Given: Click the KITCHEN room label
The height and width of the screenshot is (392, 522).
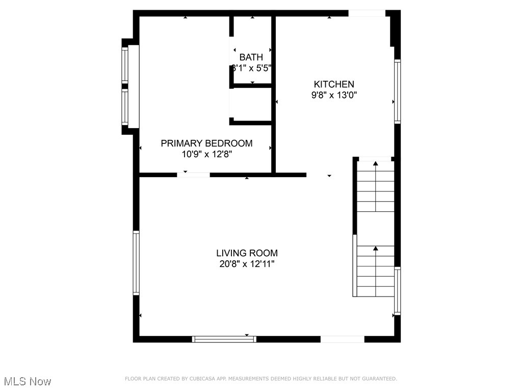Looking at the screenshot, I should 334,84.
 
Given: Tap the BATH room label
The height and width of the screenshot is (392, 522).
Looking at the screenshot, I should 251,57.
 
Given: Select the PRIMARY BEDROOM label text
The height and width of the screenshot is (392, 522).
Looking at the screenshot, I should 206,143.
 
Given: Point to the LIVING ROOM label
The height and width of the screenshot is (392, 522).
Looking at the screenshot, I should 247,253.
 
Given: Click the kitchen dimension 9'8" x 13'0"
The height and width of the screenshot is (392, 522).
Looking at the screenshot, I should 334,95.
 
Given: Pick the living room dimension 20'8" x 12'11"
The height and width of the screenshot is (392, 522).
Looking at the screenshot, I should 247,264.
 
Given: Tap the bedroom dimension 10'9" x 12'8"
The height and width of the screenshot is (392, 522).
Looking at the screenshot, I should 206,154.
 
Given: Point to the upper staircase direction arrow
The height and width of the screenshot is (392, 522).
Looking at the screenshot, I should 376,164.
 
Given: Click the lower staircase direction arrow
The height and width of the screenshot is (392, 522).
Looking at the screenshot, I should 376,249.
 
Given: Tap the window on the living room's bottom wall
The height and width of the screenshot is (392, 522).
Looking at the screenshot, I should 224,338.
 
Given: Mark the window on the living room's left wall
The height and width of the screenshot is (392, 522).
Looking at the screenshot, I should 136,263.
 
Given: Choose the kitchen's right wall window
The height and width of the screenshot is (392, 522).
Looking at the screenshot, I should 397,91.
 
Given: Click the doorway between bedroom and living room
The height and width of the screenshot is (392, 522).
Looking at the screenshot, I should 193,175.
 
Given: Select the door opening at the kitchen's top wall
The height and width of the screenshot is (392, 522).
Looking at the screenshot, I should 367,13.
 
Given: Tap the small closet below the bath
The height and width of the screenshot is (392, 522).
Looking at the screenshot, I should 251,105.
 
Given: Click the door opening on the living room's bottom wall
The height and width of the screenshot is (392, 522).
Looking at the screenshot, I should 343,339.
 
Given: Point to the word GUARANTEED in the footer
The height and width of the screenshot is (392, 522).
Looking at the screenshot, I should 378,379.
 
